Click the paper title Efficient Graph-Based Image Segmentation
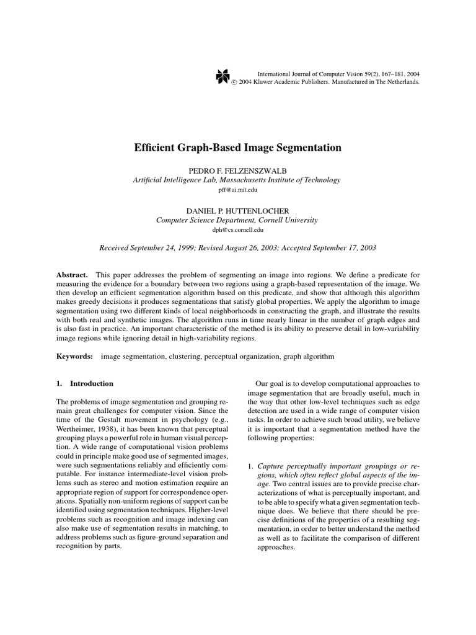(238, 148)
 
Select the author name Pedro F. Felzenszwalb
(237, 170)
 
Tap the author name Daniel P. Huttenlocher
(237, 210)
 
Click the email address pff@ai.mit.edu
(237, 190)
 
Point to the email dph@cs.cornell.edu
(237, 230)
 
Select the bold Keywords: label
(74, 357)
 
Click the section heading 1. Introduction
(85, 384)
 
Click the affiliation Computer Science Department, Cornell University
(237, 220)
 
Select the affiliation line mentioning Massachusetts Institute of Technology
(237, 180)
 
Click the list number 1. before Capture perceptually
(250, 466)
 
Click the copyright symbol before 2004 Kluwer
(234, 82)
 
